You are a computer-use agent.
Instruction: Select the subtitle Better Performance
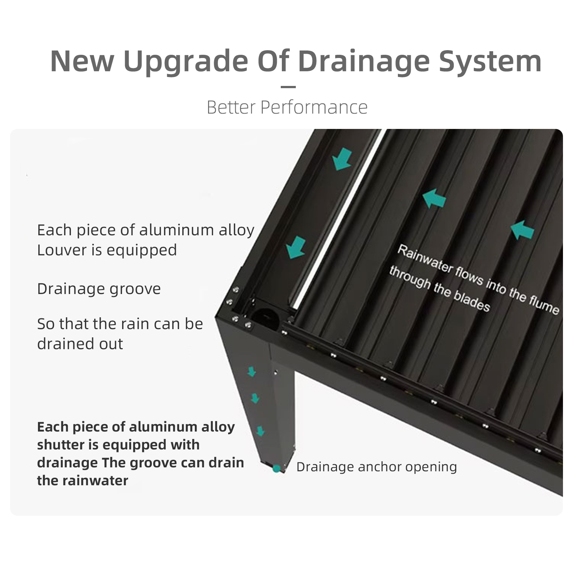287,107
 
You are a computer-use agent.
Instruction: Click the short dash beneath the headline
288,87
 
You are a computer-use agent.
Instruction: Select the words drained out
80,344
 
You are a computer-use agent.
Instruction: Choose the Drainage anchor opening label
376,467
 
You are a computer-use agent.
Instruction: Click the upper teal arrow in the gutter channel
342,160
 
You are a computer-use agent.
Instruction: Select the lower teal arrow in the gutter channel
296,247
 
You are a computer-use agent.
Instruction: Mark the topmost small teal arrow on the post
252,372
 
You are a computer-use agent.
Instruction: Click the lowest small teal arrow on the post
260,431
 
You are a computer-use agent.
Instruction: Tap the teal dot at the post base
276,468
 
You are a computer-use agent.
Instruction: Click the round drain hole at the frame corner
265,317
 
